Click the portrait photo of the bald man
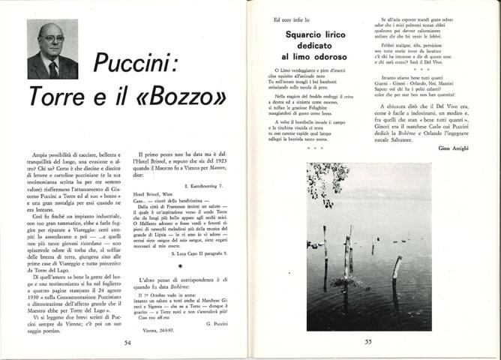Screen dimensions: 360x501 coord(52,49)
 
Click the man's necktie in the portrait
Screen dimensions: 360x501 coord(53,70)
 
